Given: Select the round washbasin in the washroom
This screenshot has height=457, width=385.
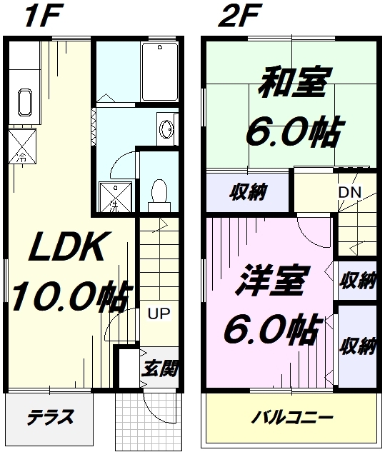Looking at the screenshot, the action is pos(166,129).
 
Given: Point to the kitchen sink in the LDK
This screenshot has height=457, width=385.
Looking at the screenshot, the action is pos(25,102).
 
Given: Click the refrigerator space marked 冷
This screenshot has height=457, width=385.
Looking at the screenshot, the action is pos(22,145).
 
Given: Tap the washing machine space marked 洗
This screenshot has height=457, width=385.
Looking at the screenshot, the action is pos(115,197).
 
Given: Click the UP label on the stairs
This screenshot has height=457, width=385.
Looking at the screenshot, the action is pos(159,313).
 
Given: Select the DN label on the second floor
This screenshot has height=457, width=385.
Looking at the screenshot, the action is pos(350,192).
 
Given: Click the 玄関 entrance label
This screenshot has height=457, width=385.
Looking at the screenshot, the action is pos(160,368).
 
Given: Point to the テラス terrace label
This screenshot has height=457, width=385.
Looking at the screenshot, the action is pos(50,417).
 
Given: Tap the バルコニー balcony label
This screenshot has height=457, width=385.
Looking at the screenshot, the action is pos(292,418).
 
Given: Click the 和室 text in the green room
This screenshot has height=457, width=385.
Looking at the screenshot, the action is pos(295,82).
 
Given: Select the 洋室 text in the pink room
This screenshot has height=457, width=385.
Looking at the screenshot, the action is pos(271,280).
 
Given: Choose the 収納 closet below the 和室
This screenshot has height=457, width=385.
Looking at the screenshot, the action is pos(248,192).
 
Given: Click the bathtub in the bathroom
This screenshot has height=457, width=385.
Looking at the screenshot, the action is pos(160,72).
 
